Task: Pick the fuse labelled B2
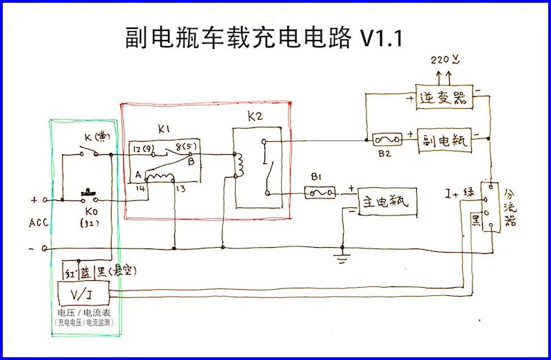click(384, 140)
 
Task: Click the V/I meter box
click(81, 295)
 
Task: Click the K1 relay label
click(164, 129)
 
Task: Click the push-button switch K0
click(88, 192)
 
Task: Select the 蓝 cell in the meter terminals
click(86, 272)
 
